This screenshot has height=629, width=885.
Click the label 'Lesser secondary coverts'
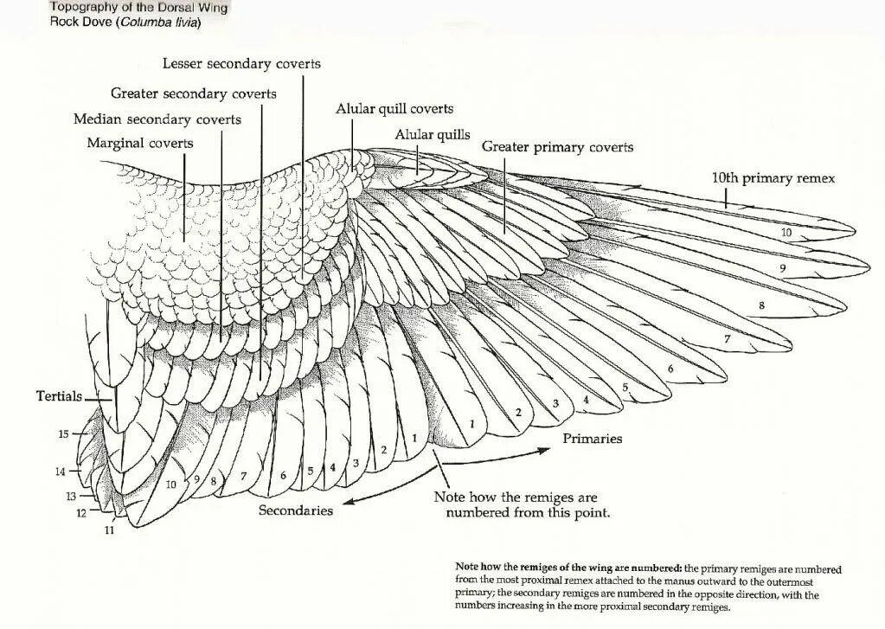click(241, 64)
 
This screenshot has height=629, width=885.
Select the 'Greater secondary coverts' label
click(194, 93)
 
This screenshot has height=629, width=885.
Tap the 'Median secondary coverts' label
click(157, 119)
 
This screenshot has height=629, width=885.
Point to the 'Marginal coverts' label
click(140, 143)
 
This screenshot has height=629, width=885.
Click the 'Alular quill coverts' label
click(394, 109)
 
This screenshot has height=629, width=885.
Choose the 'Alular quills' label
click(433, 135)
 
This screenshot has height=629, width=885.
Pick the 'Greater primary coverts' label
click(557, 147)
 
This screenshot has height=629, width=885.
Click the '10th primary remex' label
click(773, 177)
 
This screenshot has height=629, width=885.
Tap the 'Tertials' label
click(59, 396)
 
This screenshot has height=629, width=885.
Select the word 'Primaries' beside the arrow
click(593, 439)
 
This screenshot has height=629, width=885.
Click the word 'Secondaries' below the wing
click(296, 510)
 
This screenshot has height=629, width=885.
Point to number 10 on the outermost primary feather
click(786, 233)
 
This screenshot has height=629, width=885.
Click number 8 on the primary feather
click(761, 305)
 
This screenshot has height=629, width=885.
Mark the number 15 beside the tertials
click(63, 433)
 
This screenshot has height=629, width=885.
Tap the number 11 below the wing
click(109, 530)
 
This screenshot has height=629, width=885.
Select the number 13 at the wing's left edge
click(72, 496)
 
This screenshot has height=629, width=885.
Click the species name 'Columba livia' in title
click(161, 22)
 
